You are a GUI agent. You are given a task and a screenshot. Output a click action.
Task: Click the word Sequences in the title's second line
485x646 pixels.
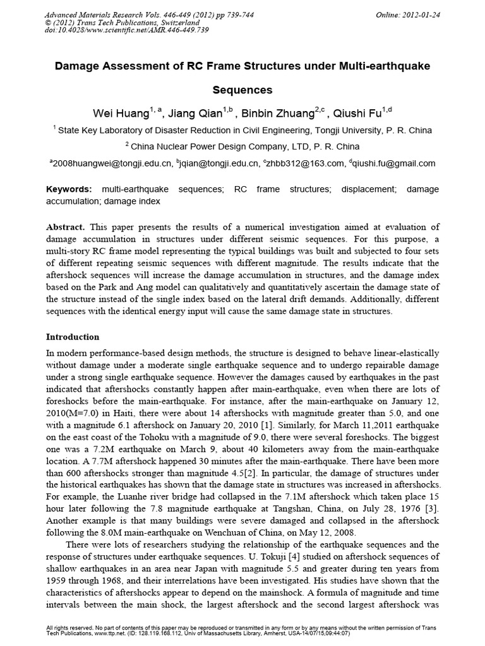(242, 90)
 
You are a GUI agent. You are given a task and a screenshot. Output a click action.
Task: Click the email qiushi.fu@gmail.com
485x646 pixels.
(395, 163)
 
